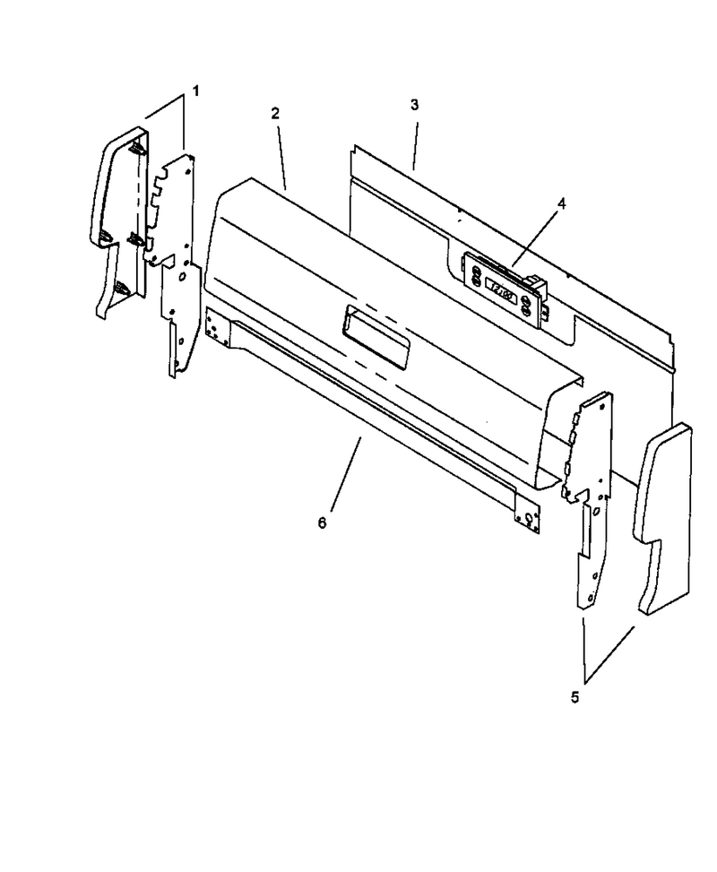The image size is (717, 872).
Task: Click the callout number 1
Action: [195, 91]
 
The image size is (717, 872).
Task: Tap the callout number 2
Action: [275, 113]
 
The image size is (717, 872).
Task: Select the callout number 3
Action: [414, 105]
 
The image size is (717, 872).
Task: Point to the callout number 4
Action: [562, 203]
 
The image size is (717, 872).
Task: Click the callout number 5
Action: [574, 697]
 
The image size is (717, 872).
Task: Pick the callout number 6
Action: [322, 522]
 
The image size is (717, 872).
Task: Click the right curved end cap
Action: [663, 520]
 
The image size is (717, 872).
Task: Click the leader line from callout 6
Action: [345, 473]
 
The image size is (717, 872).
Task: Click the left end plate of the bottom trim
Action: [217, 324]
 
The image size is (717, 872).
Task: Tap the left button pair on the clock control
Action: [476, 275]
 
